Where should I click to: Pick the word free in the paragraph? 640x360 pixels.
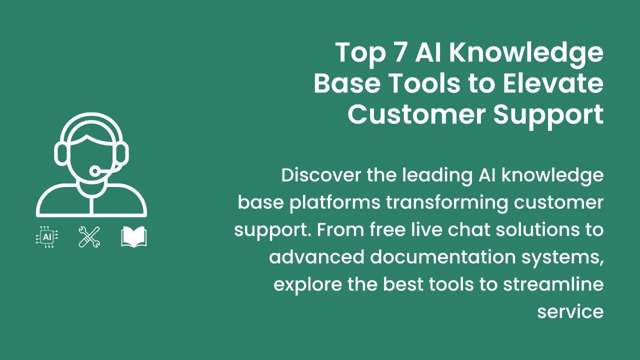(x=389, y=229)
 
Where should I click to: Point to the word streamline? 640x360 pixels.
(x=553, y=284)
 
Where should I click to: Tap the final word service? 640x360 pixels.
(x=570, y=311)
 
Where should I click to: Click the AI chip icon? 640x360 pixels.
(x=47, y=237)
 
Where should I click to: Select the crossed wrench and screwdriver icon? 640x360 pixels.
(x=89, y=237)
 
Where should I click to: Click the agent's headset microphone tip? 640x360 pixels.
(x=94, y=171)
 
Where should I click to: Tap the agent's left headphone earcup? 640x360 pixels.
(x=60, y=152)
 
